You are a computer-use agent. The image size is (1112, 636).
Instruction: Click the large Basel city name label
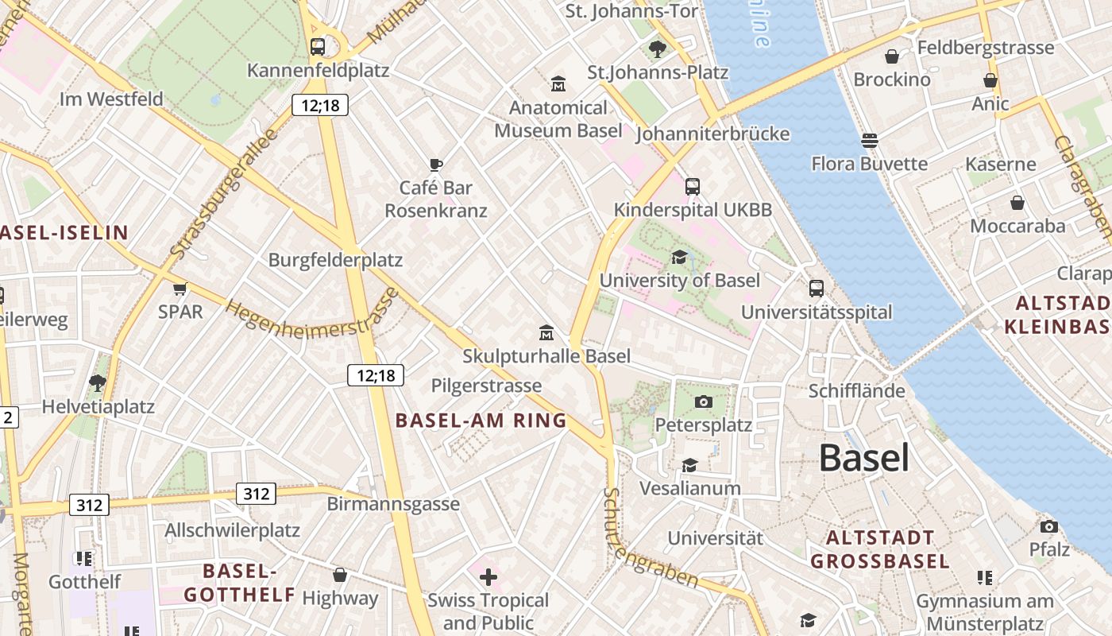(863, 458)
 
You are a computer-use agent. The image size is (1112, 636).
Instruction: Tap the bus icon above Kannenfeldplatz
(318, 47)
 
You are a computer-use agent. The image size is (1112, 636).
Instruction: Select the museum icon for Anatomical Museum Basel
(558, 83)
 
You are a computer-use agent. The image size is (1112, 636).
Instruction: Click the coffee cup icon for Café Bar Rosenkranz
(435, 165)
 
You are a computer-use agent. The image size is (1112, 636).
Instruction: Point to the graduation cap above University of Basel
(679, 257)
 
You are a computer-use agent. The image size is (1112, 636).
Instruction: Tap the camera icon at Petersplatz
(703, 401)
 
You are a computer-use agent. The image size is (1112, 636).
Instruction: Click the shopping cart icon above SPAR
(180, 288)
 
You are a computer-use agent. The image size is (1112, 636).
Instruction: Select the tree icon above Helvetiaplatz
(98, 383)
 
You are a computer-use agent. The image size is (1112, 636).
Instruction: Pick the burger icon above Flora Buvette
(869, 141)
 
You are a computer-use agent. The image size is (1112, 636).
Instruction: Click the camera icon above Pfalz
(1049, 526)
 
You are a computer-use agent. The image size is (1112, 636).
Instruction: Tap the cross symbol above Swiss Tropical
(488, 576)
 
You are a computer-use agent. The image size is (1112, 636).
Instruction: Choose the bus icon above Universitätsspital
(817, 289)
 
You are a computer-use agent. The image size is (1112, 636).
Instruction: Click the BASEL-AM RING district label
(481, 421)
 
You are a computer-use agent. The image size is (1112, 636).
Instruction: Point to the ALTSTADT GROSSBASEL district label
(879, 549)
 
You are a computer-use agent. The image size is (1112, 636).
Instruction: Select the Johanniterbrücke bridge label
(712, 134)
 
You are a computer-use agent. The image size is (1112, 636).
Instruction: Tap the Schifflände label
(856, 390)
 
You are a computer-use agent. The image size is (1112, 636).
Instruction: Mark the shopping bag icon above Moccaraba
(1017, 203)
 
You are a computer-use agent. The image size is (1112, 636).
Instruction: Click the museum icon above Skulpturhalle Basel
(546, 332)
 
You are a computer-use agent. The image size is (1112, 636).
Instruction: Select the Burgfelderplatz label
(335, 260)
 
